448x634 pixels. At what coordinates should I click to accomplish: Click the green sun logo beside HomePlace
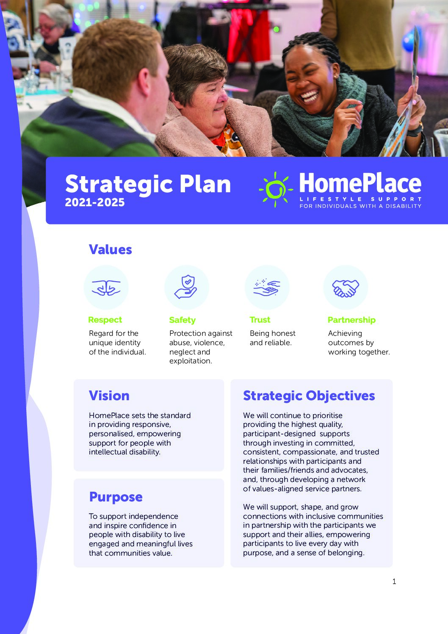[x=276, y=189]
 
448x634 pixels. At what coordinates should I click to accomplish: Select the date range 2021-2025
[x=95, y=202]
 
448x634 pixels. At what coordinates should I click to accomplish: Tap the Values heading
[x=111, y=249]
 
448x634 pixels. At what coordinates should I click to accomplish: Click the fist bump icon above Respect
[x=106, y=288]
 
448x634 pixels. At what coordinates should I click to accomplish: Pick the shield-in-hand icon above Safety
[x=186, y=287]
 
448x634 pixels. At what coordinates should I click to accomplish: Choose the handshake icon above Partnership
[x=346, y=288]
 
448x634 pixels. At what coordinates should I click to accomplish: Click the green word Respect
[x=105, y=320]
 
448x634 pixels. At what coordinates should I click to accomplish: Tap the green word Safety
[x=182, y=320]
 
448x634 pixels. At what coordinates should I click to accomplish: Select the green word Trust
[x=260, y=320]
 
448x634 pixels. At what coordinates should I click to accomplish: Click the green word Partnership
[x=351, y=320]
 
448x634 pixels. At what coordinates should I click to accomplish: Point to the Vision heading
[x=109, y=396]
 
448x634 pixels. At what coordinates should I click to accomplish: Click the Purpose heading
[x=116, y=497]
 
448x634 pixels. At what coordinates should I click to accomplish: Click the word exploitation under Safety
[x=191, y=361]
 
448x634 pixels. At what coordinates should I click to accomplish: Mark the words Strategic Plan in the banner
[x=148, y=184]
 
